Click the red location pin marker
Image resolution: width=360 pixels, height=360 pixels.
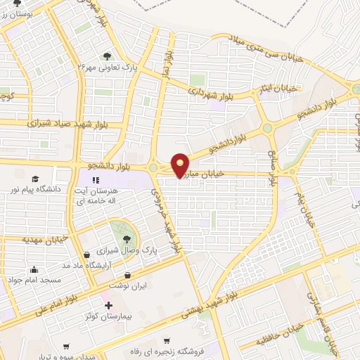point(181,165)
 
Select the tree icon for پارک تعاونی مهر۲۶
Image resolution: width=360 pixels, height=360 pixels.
point(106,56)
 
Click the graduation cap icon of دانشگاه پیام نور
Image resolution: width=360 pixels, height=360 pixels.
point(34,179)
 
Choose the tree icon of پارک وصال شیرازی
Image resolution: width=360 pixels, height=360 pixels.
point(127,240)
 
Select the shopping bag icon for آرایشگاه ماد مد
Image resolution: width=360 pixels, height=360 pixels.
point(86,255)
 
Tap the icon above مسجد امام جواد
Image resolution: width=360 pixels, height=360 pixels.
point(33,269)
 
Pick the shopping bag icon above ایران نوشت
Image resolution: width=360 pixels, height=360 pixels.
point(127,276)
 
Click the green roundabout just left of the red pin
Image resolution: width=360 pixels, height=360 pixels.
point(153,167)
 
